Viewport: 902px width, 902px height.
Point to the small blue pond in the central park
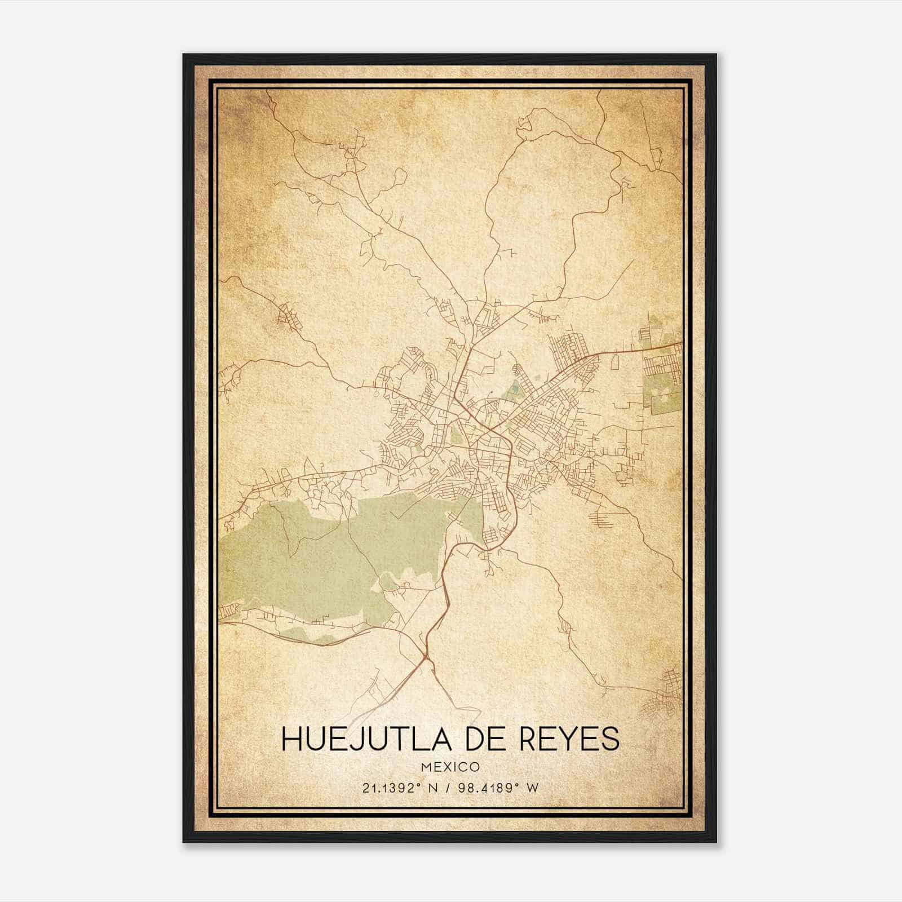click(x=514, y=388)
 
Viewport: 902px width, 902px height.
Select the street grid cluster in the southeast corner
click(x=665, y=691)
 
